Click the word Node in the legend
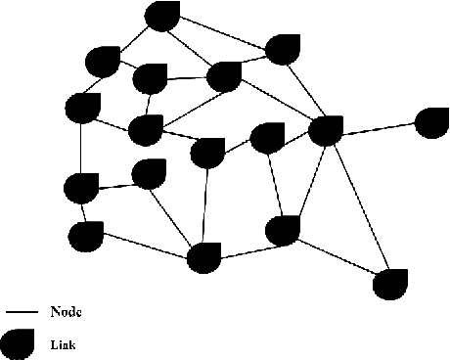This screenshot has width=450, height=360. tap(66, 313)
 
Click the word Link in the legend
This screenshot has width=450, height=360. tap(64, 344)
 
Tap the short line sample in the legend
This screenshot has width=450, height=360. tap(21, 313)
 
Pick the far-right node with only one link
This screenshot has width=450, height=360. tap(431, 122)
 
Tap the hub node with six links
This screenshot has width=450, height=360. tap(326, 129)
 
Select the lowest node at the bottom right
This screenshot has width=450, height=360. tap(390, 283)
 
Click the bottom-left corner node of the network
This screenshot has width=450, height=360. tap(86, 235)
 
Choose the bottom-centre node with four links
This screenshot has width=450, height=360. tap(203, 258)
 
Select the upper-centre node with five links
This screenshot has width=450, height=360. tap(225, 75)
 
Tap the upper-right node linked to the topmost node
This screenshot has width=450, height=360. tap(283, 50)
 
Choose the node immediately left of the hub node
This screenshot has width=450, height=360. tap(266, 137)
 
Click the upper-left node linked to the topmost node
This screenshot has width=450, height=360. tap(103, 62)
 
